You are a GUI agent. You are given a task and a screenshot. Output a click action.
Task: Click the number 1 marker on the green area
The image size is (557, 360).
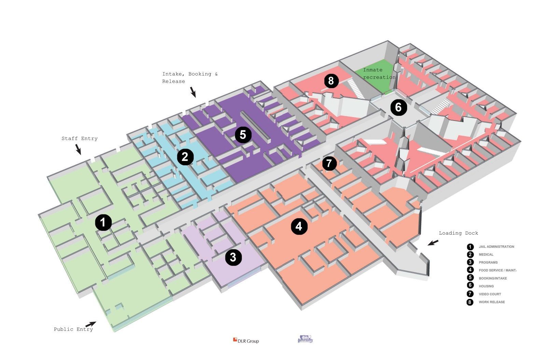[x=103, y=223]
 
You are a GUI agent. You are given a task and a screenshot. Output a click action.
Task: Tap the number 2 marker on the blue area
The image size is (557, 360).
[x=185, y=157]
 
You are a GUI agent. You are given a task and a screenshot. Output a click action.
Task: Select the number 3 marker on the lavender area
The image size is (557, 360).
[x=233, y=257]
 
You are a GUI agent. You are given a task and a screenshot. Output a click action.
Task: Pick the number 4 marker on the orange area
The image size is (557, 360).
[x=299, y=226]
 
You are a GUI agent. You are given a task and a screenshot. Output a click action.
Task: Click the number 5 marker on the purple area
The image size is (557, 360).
[x=243, y=135]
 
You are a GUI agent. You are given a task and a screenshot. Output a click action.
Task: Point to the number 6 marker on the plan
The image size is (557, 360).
[x=399, y=108]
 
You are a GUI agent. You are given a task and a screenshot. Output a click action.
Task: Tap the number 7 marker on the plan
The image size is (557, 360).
[x=329, y=163]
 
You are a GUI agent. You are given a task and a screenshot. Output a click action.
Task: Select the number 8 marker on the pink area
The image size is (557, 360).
[x=330, y=81]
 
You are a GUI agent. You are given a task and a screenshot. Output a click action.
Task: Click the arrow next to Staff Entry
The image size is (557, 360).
[x=78, y=149]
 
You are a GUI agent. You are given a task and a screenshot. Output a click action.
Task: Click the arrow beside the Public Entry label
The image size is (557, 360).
[x=90, y=324]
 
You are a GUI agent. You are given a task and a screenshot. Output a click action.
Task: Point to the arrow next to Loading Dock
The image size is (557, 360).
[x=433, y=243]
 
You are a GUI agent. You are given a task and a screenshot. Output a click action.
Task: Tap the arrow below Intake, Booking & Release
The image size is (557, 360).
[x=193, y=92]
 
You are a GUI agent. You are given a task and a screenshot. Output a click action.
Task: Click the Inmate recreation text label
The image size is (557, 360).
[x=378, y=73]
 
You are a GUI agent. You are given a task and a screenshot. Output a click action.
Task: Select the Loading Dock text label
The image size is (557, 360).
[x=458, y=233]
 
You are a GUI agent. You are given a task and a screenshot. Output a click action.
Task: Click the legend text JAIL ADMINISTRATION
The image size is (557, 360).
[x=496, y=247]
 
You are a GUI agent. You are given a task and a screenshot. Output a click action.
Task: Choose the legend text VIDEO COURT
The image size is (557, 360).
[x=490, y=294]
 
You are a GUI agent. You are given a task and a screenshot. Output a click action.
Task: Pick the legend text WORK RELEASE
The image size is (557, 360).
[x=491, y=302]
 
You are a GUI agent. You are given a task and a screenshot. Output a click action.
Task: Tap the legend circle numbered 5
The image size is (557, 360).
[x=470, y=278]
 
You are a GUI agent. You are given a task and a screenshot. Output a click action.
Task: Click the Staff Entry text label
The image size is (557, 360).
[x=80, y=139]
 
